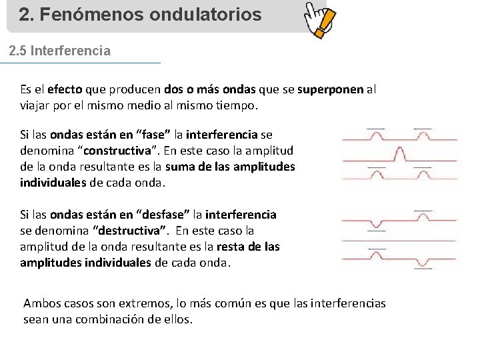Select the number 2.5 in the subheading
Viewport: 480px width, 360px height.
pyautogui.click(x=18, y=51)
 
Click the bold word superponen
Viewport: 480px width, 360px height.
pyautogui.click(x=330, y=89)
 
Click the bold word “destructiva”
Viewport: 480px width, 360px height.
pyautogui.click(x=129, y=231)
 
